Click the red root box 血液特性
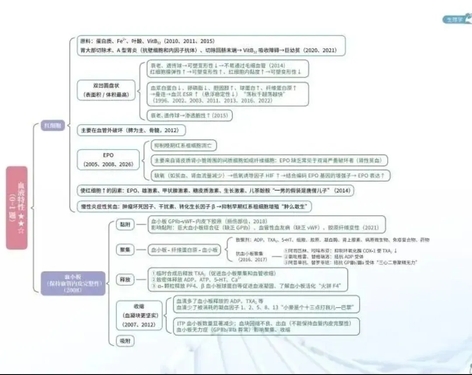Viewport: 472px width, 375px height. (17, 208)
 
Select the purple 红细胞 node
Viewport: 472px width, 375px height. (53, 125)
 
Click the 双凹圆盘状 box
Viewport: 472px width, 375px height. (104, 90)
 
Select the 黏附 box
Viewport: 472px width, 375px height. (125, 225)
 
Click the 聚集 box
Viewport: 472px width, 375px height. (125, 250)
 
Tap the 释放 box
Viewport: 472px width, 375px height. (125, 279)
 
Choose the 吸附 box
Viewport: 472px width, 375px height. (125, 340)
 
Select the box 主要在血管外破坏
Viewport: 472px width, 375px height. (131, 130)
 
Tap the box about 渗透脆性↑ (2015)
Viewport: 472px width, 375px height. (189, 115)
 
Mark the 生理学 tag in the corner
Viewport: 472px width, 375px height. (455, 19)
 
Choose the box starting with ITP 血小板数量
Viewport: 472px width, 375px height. (267, 326)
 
